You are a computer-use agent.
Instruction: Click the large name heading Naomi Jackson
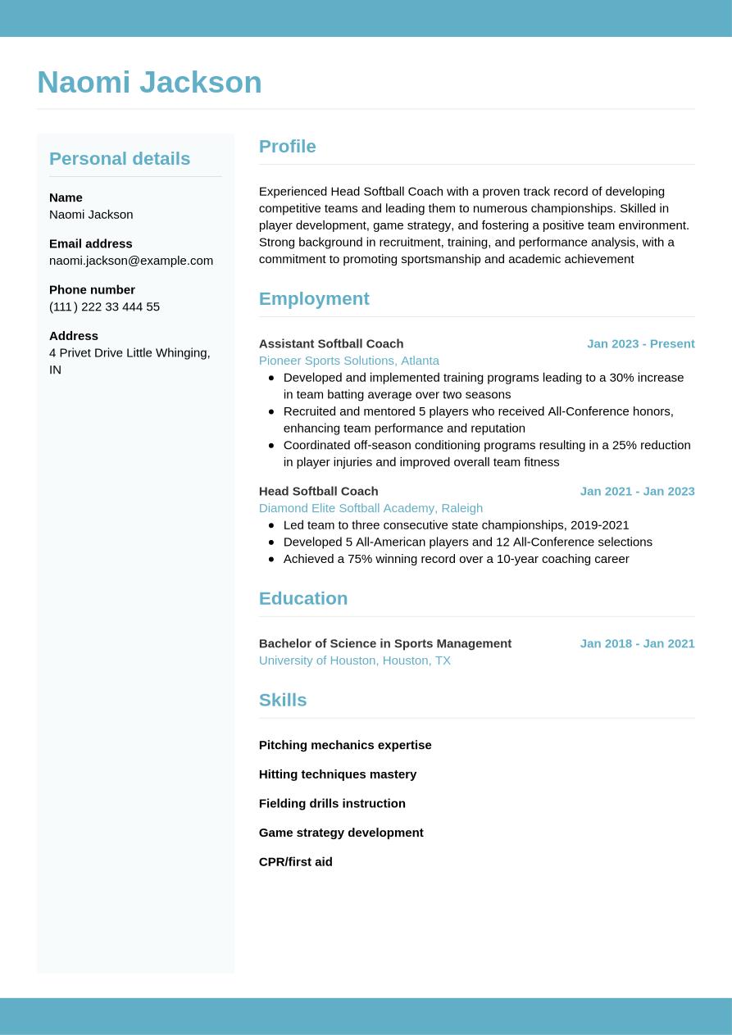[x=149, y=82]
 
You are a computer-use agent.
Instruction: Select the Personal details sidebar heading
[x=120, y=158]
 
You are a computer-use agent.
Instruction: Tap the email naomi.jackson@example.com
[x=131, y=261]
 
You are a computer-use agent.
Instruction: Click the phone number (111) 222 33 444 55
[x=104, y=306]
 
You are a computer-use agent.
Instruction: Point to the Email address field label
[x=90, y=243]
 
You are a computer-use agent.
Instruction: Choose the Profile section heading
[x=287, y=146]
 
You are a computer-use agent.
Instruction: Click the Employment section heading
[x=314, y=298]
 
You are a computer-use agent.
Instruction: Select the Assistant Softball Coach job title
[x=331, y=343]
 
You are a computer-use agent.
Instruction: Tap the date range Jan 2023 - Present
[x=640, y=343]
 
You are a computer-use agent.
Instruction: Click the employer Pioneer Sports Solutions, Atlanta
[x=348, y=361]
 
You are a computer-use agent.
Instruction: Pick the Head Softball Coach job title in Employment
[x=318, y=491]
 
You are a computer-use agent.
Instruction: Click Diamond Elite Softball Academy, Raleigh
[x=371, y=508]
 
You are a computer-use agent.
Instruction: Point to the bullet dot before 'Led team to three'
[x=271, y=525]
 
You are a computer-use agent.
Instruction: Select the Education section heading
[x=303, y=598]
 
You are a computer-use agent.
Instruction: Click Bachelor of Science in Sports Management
[x=384, y=643]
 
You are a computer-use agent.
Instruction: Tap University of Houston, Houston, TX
[x=354, y=660]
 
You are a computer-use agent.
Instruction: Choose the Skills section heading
[x=283, y=700]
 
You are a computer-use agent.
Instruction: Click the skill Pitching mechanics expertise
[x=345, y=745]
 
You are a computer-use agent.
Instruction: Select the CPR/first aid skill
[x=295, y=861]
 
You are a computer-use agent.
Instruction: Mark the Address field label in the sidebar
[x=74, y=336]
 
